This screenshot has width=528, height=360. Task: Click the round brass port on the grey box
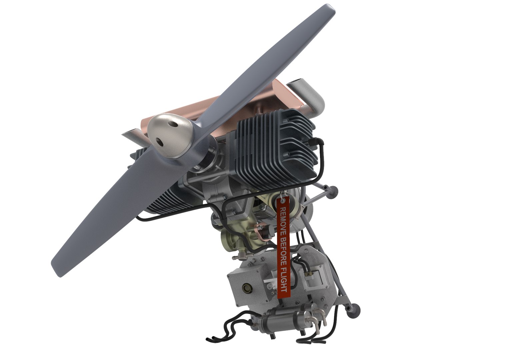pyautogui.click(x=247, y=288)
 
